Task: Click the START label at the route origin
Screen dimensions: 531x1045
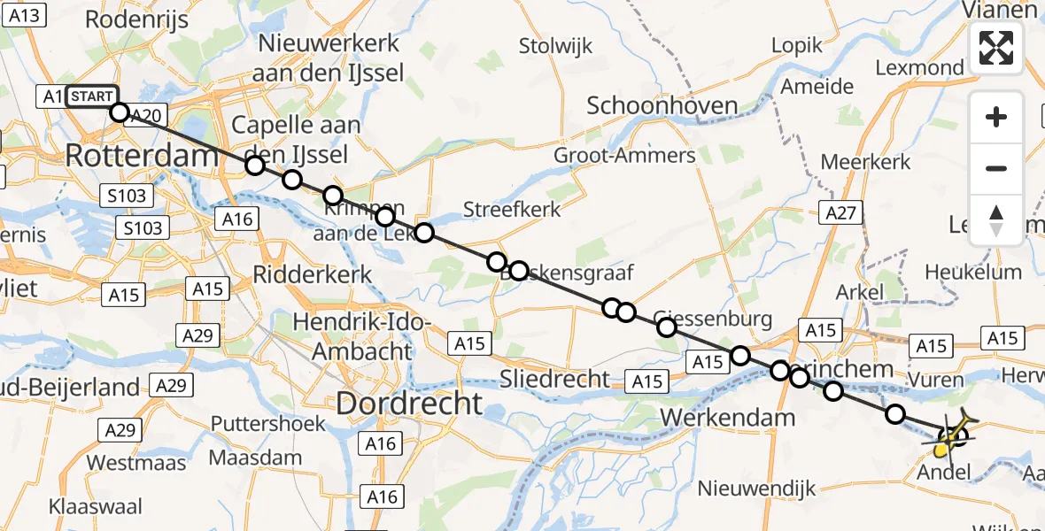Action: (x=90, y=96)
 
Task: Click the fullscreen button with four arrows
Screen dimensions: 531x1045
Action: (x=996, y=48)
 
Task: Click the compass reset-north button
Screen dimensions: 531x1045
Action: (x=996, y=220)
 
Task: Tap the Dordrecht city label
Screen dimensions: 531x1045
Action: (x=409, y=404)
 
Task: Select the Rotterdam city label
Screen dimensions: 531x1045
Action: (x=142, y=157)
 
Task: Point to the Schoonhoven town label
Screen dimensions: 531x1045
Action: (x=662, y=106)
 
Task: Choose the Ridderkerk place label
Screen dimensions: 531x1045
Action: (x=313, y=274)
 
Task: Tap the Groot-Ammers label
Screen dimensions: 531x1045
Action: (x=624, y=156)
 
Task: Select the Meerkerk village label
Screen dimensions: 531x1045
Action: (x=865, y=162)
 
